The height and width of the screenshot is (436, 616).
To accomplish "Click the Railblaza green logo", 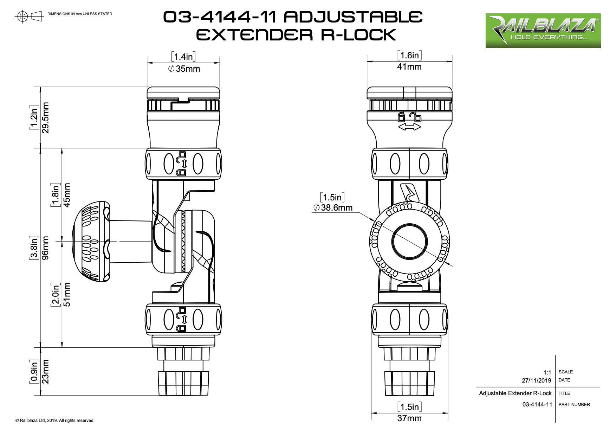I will (x=543, y=31).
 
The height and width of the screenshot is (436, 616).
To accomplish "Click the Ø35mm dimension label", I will (x=184, y=69).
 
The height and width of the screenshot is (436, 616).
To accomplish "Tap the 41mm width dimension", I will (x=409, y=67).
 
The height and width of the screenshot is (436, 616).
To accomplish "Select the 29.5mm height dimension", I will (x=46, y=118).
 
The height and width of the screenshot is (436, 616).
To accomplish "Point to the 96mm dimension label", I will (x=46, y=248).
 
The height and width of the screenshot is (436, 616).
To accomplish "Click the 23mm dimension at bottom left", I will (x=46, y=371).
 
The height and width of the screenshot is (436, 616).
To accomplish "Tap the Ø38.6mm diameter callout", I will (x=333, y=208).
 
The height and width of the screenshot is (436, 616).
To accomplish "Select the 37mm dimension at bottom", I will (x=409, y=418).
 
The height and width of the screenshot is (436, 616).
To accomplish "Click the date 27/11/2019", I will (x=537, y=380).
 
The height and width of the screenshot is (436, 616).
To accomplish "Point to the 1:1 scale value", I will (x=547, y=372).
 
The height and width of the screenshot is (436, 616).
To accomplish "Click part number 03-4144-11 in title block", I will (x=537, y=405).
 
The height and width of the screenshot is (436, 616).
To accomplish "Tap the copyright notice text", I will (x=55, y=421).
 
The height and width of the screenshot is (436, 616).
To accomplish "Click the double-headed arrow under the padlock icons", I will (x=409, y=127).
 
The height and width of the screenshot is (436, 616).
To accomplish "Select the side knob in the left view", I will (x=91, y=242).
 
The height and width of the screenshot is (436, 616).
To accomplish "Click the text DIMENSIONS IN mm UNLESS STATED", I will (x=80, y=14).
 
